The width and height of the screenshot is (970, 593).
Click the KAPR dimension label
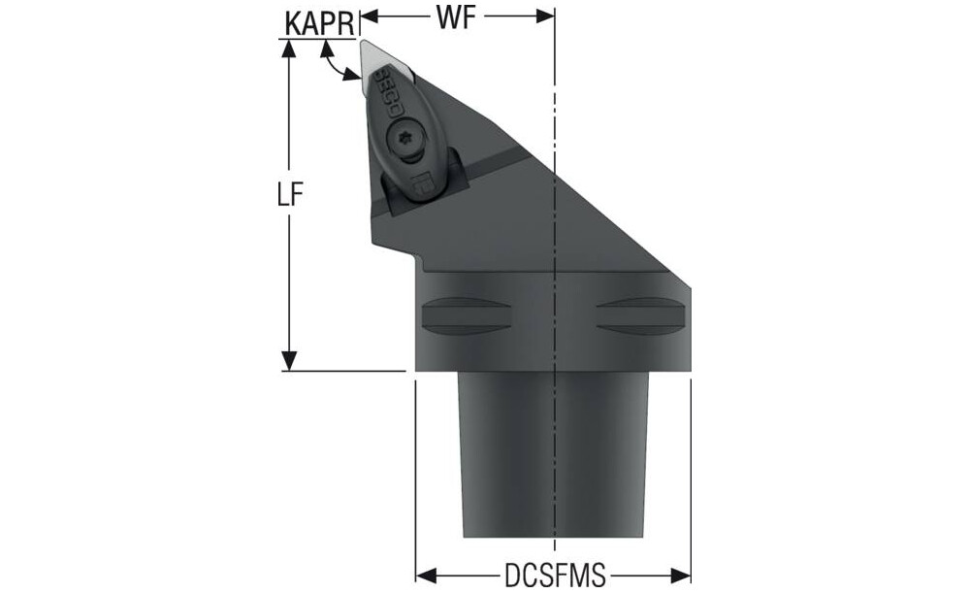click(320, 23)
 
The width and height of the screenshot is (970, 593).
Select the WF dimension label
click(456, 17)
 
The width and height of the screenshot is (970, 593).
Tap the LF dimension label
click(289, 196)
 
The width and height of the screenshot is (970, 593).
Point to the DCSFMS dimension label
click(555, 577)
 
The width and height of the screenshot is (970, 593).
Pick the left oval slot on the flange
click(468, 316)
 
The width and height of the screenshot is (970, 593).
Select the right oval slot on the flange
click(641, 316)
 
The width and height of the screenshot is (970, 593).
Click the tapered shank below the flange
click(553, 455)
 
